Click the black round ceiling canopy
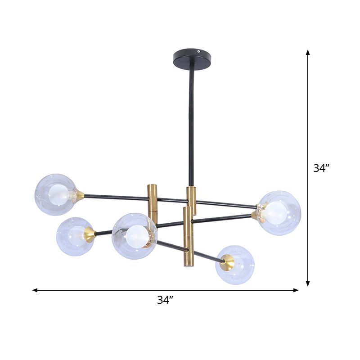192,60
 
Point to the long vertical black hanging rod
191,126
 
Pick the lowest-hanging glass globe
235,265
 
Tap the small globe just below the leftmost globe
75,236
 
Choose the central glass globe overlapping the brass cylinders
135,236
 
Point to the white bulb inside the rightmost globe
275,213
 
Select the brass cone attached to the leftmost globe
80,195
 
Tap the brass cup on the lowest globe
227,262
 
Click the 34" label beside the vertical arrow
322,168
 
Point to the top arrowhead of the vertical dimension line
308,53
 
